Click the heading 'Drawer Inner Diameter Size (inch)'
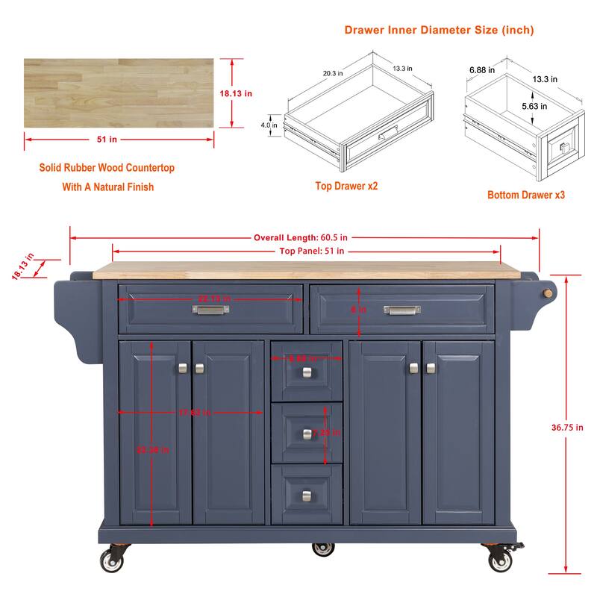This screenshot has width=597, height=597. [x=439, y=31]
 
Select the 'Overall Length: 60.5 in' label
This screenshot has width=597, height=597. [x=301, y=238]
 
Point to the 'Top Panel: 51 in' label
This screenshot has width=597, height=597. [x=306, y=251]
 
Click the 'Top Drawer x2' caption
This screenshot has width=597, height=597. [x=346, y=186]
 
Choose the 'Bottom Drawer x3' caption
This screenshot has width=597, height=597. [x=526, y=195]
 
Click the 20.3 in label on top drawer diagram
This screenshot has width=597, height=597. [x=333, y=73]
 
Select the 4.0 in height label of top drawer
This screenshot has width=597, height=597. [x=269, y=125]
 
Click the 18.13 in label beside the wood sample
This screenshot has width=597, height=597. [x=236, y=93]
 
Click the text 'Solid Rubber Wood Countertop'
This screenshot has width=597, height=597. [x=107, y=168]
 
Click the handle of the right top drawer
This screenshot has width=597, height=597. [x=402, y=310]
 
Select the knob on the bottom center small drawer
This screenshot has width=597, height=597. [x=307, y=495]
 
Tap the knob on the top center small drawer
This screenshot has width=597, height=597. [x=307, y=372]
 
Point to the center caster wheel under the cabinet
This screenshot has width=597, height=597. [x=323, y=548]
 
